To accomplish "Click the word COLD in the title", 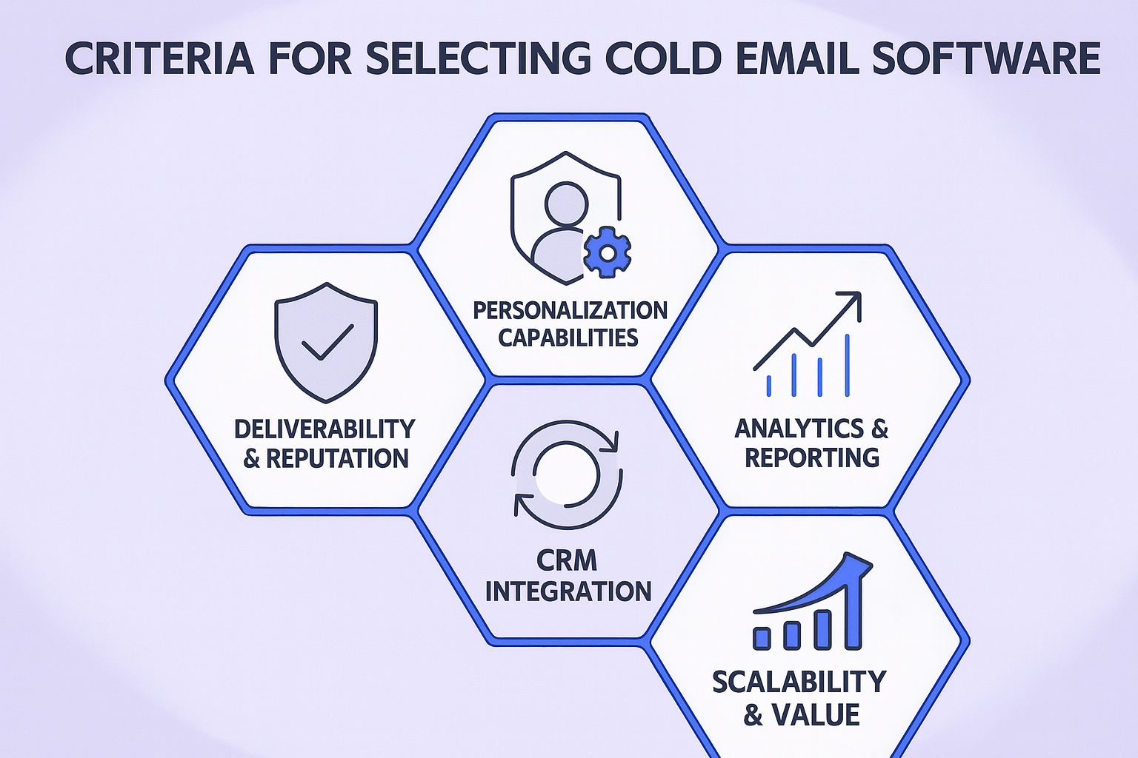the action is coord(663,58).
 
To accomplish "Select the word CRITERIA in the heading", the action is coord(159,58).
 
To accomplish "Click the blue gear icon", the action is coord(607,252).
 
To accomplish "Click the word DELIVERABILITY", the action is coord(325,429).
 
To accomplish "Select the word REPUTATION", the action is coord(337,458).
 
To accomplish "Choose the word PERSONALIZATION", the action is coord(570,310).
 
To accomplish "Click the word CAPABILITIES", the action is coord(568,338).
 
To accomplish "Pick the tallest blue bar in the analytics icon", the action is coord(847,364).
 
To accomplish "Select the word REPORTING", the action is coord(812,457).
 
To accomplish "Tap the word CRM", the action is coord(567,562).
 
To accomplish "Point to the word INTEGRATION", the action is coord(568,591).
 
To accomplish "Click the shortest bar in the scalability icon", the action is coord(761,637).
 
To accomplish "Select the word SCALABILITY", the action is coord(799,681).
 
